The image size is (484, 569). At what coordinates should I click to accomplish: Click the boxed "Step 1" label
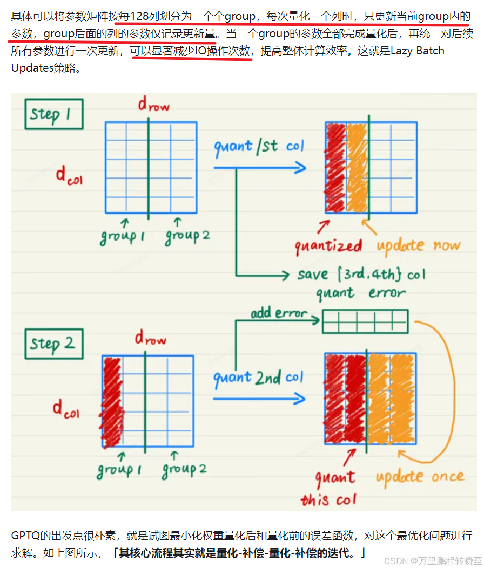(53, 114)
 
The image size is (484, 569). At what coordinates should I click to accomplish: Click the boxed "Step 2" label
(53, 344)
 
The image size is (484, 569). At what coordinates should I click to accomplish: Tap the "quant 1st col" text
(259, 146)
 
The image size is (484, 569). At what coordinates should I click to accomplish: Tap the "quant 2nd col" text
(258, 378)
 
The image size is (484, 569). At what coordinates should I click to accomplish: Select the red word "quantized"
(328, 246)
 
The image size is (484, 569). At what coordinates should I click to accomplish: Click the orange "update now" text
(418, 245)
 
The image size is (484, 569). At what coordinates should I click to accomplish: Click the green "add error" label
(278, 313)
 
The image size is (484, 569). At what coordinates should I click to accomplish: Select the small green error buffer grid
(365, 321)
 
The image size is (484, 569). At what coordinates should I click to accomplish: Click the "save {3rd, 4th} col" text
(361, 274)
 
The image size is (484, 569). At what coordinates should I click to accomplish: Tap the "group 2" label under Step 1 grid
(187, 236)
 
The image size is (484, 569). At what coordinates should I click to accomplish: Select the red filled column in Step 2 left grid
(112, 402)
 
